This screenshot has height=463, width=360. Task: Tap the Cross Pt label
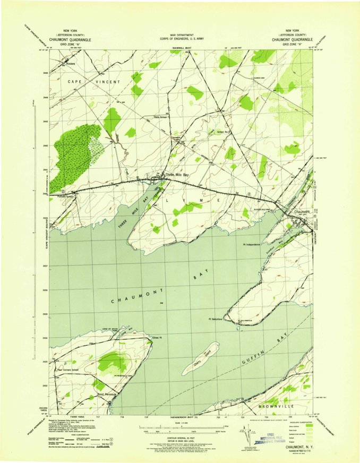(x=157, y=337)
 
